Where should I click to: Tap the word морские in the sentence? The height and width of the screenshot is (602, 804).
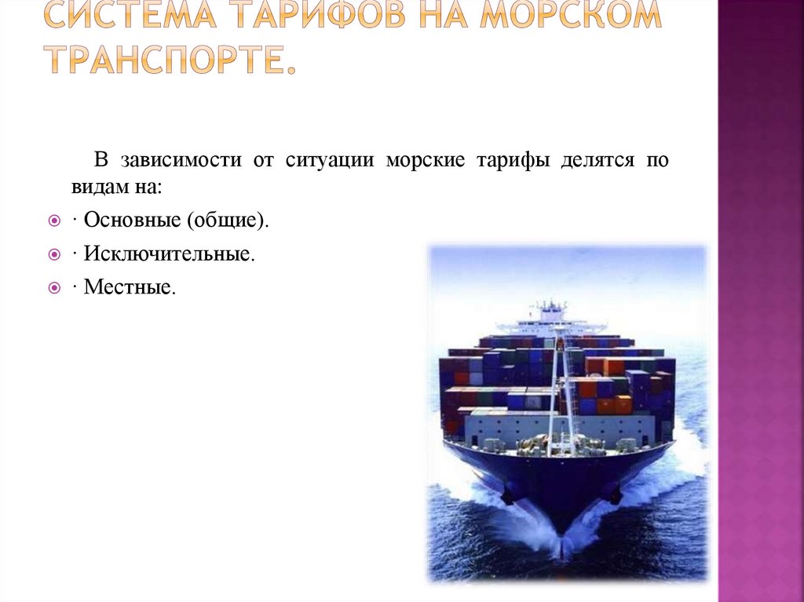click(x=425, y=161)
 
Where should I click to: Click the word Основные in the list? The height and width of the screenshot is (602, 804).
click(x=132, y=221)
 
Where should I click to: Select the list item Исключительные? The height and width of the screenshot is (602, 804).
click(x=169, y=254)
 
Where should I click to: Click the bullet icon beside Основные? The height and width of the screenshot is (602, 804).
click(x=54, y=221)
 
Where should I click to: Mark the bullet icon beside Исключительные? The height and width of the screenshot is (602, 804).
click(x=54, y=255)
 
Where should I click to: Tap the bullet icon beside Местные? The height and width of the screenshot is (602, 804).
click(x=54, y=289)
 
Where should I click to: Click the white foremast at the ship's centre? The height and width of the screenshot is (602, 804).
click(x=559, y=385)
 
